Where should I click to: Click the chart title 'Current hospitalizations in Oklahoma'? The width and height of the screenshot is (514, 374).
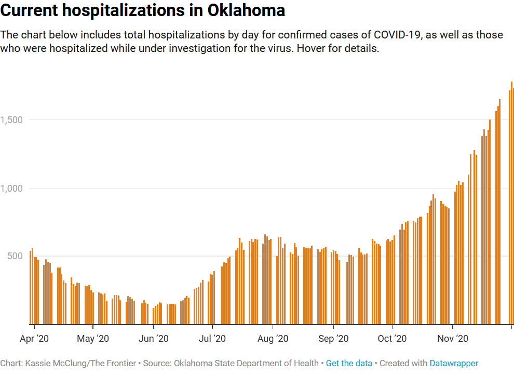tap(143, 10)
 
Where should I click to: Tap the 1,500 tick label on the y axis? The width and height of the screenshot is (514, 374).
tap(11, 120)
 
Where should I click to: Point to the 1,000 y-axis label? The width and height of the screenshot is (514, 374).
tap(11, 188)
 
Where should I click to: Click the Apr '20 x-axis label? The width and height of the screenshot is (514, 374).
tap(34, 339)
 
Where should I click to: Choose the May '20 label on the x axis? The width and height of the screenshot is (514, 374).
tap(93, 339)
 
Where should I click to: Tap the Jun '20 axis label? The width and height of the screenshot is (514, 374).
tap(154, 339)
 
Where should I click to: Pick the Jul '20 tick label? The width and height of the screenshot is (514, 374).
tap(212, 339)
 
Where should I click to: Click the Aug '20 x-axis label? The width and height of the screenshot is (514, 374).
tap(273, 339)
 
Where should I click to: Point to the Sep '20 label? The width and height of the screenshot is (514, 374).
tap(333, 339)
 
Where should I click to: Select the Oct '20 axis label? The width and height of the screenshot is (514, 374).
tap(392, 339)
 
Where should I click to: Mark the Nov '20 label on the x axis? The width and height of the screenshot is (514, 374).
tap(453, 339)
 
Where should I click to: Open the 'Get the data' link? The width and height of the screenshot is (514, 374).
tap(349, 363)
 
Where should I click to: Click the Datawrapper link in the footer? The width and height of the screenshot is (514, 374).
tap(454, 363)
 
